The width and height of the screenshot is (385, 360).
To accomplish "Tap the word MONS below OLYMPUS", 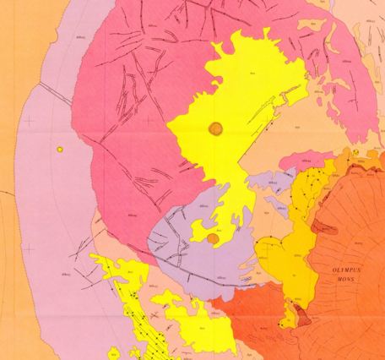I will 339,281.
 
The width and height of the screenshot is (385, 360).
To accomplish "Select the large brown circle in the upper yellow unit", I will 215,128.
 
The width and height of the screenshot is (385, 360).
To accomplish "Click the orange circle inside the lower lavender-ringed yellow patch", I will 213,239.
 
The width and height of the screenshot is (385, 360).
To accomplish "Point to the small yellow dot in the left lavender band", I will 60,150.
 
